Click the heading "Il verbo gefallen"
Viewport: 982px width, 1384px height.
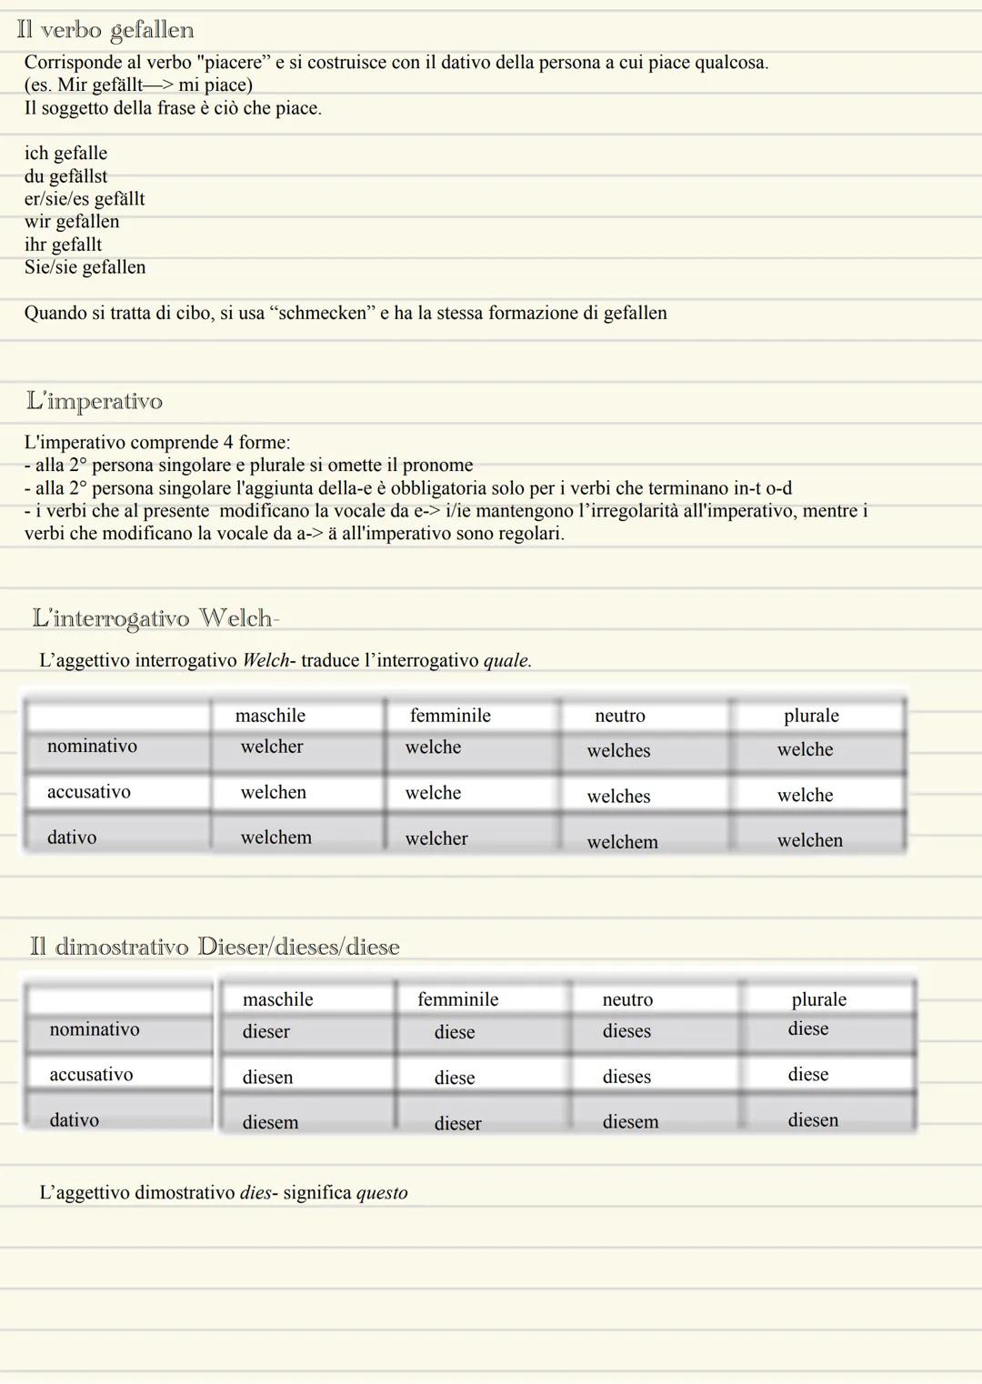(x=105, y=30)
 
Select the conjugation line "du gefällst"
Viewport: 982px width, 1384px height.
(x=65, y=176)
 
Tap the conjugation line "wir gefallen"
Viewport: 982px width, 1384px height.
(x=72, y=222)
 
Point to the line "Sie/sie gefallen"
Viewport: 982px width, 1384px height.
(x=85, y=267)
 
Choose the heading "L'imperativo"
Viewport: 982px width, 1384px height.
(x=95, y=401)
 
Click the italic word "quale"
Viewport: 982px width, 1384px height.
(x=506, y=660)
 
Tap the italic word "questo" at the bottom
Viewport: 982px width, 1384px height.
(x=382, y=1193)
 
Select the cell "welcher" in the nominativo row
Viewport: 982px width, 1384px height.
(x=272, y=747)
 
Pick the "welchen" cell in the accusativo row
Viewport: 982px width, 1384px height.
(x=274, y=792)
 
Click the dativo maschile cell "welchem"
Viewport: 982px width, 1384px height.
(x=276, y=837)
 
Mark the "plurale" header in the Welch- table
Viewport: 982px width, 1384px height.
(x=811, y=716)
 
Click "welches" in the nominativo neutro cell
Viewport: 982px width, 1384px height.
(x=618, y=751)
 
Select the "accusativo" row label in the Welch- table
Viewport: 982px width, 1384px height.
(x=89, y=792)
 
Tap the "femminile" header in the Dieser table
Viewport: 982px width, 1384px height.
(x=458, y=999)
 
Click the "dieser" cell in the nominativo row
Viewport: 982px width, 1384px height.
(x=266, y=1032)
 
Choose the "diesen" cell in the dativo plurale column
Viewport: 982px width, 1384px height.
(x=813, y=1120)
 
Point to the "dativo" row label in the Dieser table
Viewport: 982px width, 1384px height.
(x=75, y=1120)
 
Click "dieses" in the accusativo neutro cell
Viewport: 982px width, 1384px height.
(x=626, y=1077)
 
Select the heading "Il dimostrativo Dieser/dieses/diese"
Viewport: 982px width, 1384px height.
(x=215, y=947)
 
